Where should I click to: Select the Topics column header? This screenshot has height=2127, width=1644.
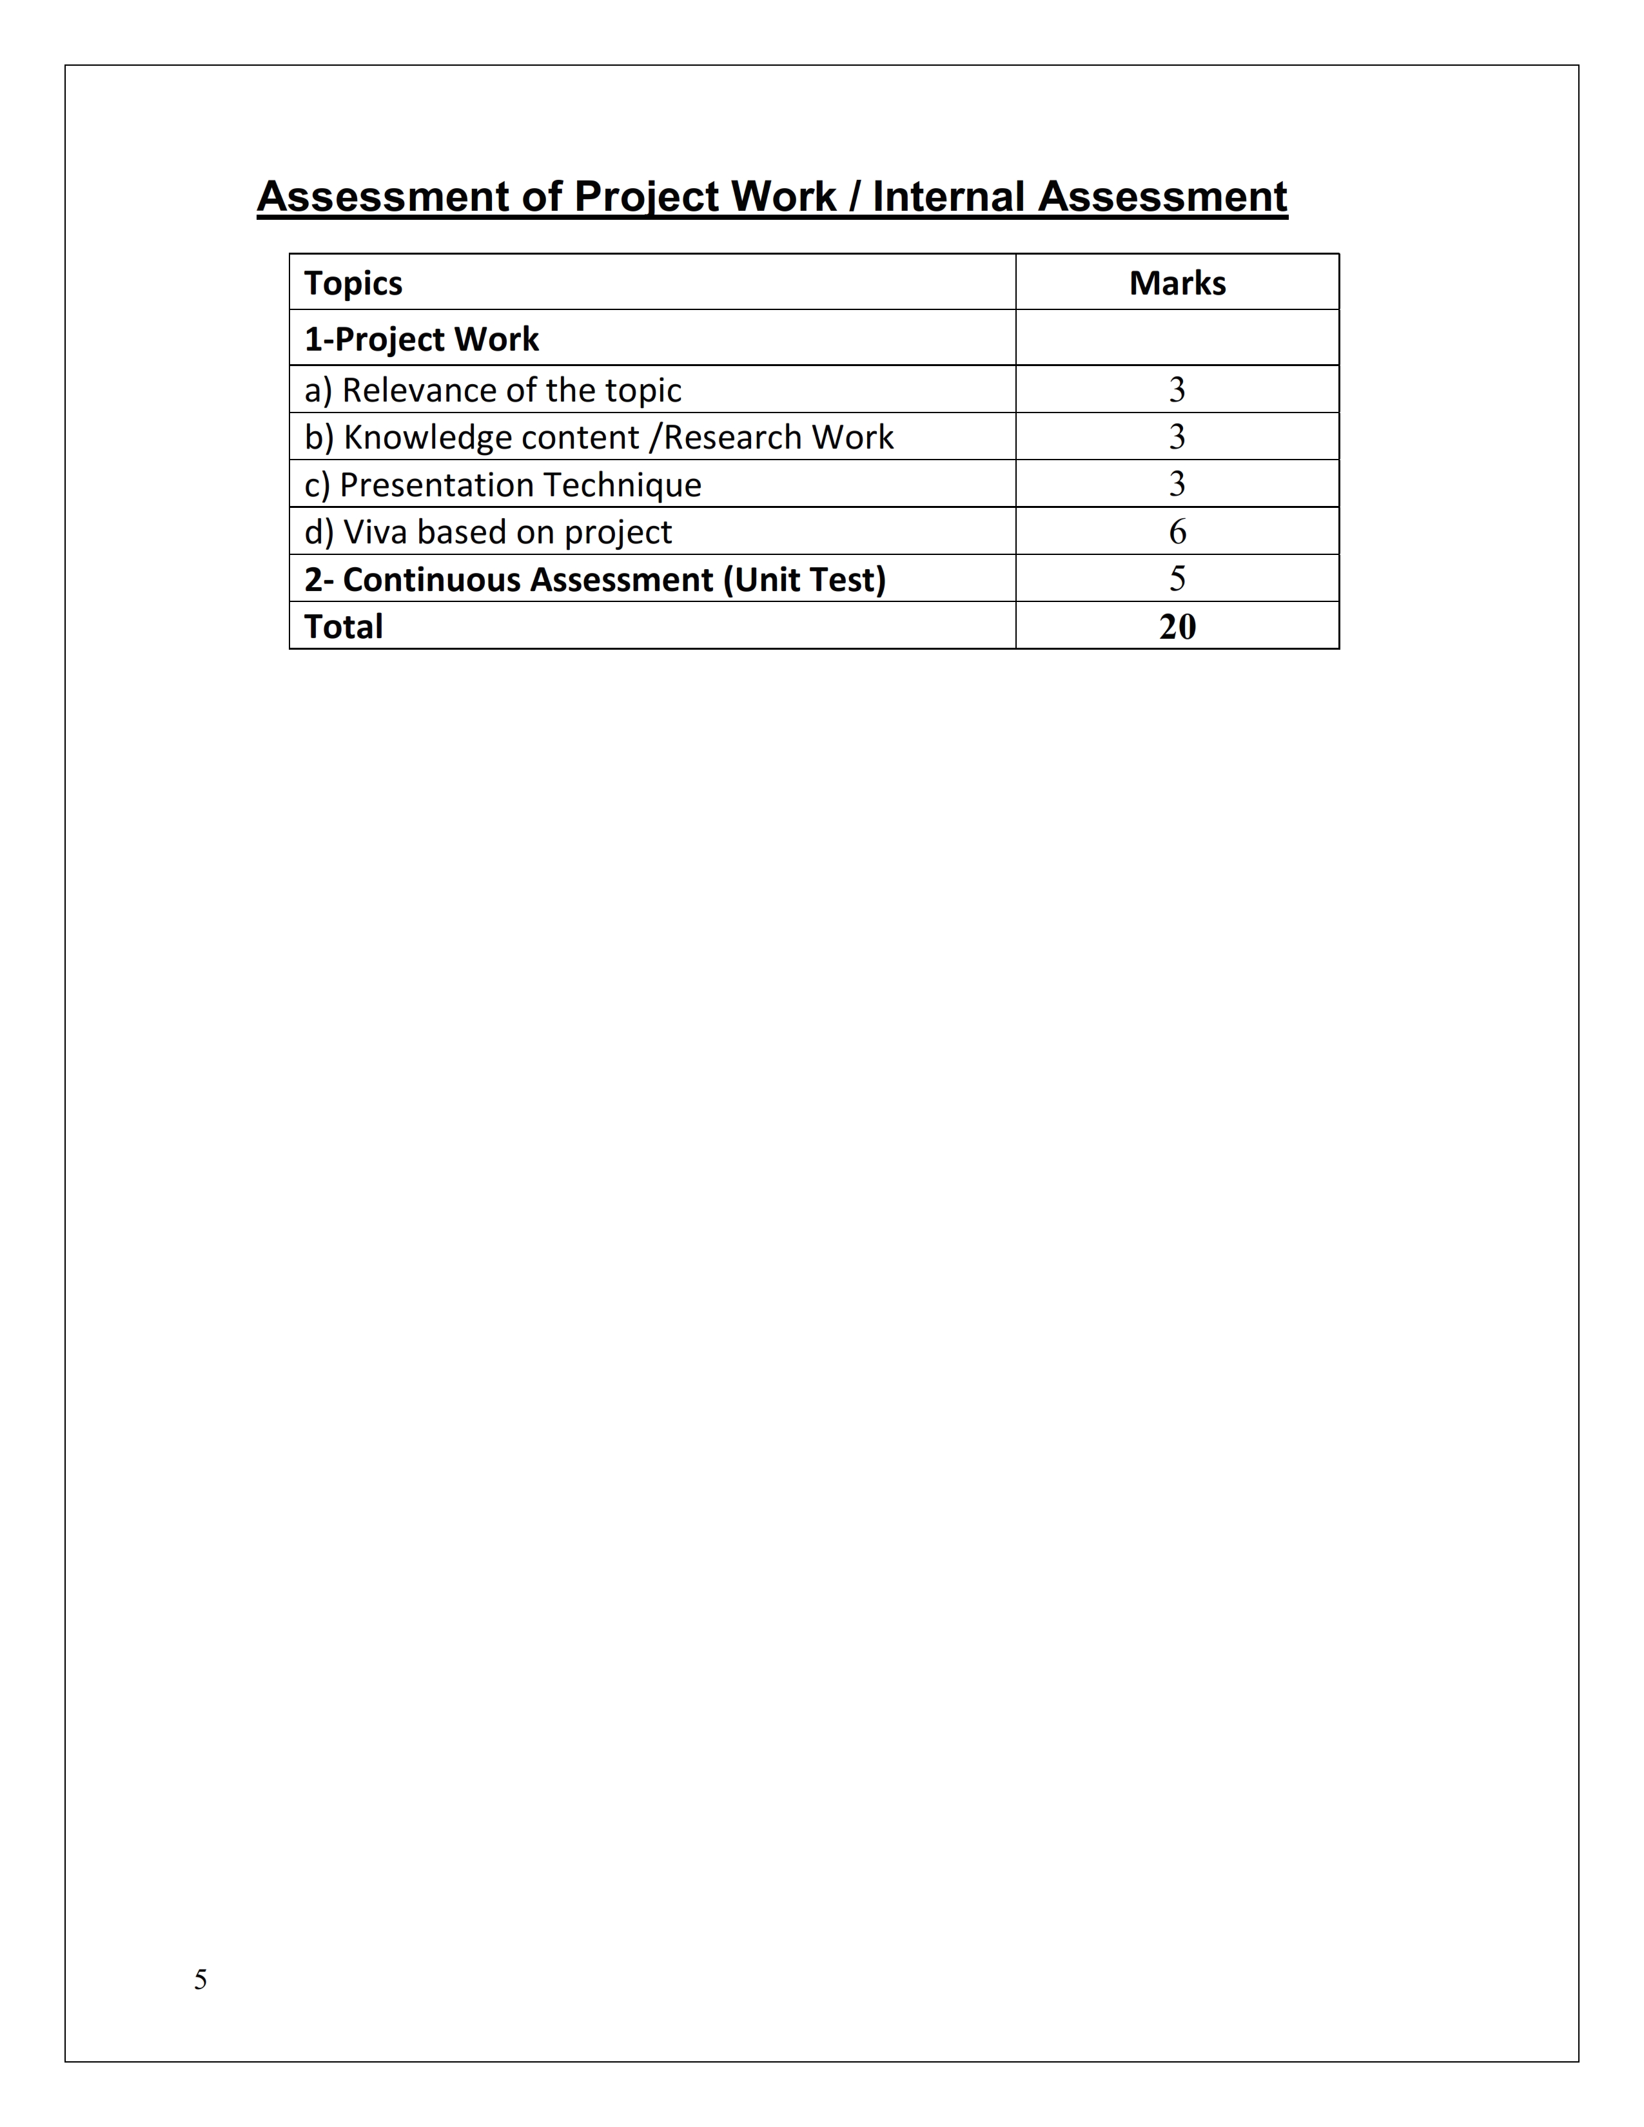click(x=353, y=284)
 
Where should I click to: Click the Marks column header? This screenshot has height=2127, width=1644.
click(x=1177, y=284)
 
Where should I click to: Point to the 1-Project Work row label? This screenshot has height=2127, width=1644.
click(x=421, y=339)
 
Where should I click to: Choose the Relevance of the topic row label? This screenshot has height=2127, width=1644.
click(x=492, y=389)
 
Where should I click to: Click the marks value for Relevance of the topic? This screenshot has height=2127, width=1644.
click(x=1177, y=389)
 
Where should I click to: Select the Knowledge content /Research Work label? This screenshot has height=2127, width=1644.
click(x=598, y=437)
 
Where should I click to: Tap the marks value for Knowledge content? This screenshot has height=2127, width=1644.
click(x=1177, y=436)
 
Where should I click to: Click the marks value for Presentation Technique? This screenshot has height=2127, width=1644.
click(x=1177, y=484)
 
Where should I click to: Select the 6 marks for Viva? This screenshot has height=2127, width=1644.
click(x=1177, y=532)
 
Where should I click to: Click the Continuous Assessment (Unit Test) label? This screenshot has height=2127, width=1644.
click(x=594, y=579)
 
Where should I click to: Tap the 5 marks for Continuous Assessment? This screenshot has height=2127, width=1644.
click(x=1177, y=579)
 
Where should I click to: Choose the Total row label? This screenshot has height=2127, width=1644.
click(x=343, y=626)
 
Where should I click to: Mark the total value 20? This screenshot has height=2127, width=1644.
click(x=1177, y=626)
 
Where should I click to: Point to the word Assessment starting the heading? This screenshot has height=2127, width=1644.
click(x=382, y=197)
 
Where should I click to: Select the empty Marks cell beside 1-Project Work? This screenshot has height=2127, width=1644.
click(x=1177, y=338)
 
